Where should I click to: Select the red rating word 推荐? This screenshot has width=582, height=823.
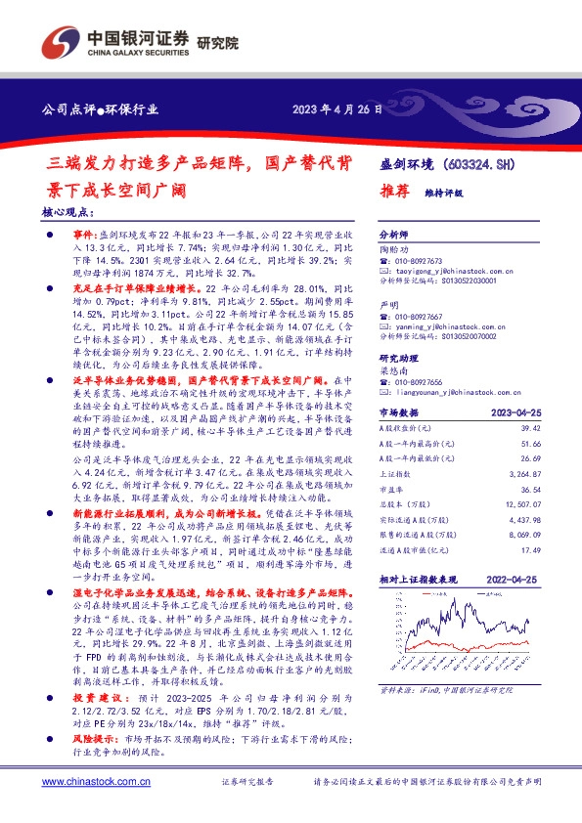point(393,193)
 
